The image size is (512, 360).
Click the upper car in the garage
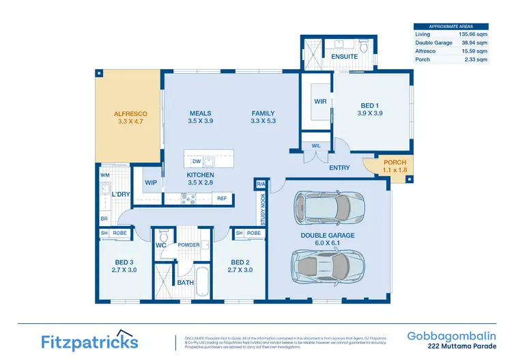tap(327, 206)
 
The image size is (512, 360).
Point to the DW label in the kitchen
tap(196, 162)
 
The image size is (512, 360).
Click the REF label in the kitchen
tap(221, 199)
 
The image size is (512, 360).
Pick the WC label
tap(160, 245)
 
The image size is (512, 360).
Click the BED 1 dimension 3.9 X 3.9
tap(369, 113)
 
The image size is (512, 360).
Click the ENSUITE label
tap(345, 57)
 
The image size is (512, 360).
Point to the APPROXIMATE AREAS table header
tap(451, 27)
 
